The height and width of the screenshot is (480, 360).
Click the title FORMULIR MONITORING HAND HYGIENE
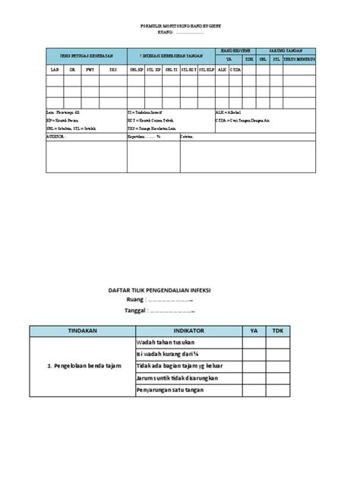click(x=179, y=26)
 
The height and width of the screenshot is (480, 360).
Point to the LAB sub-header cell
click(x=54, y=70)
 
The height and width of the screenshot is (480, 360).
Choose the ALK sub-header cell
click(x=222, y=70)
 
